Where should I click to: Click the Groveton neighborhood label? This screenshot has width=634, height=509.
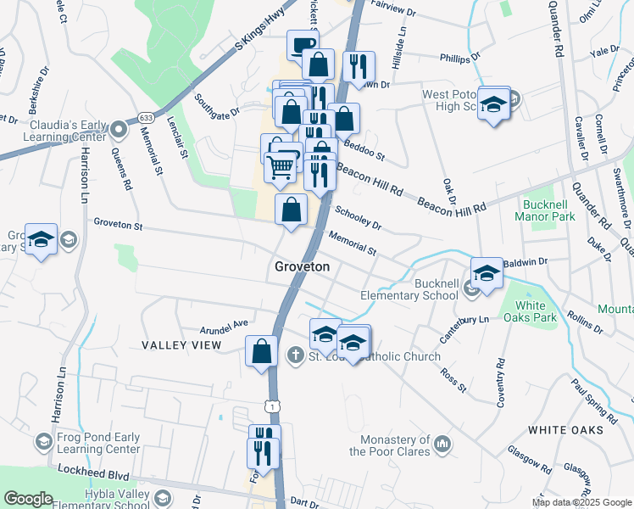[x=301, y=266]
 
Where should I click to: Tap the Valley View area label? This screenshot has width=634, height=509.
[x=181, y=345]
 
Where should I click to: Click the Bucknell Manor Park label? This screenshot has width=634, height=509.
[x=545, y=210]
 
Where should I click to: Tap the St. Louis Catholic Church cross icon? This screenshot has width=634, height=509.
[x=295, y=355]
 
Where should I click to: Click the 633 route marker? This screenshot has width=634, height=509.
[x=146, y=118]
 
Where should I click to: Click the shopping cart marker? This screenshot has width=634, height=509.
[x=281, y=165]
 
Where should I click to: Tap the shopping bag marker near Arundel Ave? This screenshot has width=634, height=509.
[x=262, y=350]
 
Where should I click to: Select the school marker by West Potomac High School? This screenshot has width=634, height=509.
[x=493, y=104]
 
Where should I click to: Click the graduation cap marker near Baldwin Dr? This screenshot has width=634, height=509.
[x=487, y=273]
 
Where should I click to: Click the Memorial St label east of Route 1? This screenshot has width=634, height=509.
[x=352, y=243]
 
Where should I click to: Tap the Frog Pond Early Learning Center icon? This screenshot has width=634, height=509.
[x=42, y=442]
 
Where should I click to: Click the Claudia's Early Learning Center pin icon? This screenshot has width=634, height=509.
[x=119, y=130]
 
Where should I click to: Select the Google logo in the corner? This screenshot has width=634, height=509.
[x=29, y=499]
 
